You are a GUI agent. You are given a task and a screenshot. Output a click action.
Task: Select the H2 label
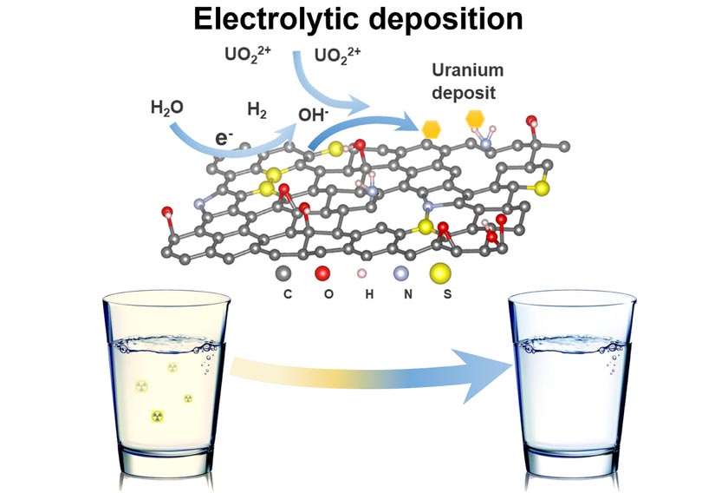point(257,109)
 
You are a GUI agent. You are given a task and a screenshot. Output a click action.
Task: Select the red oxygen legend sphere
point(324,273)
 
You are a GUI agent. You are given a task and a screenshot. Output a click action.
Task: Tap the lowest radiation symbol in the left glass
point(157,417)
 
